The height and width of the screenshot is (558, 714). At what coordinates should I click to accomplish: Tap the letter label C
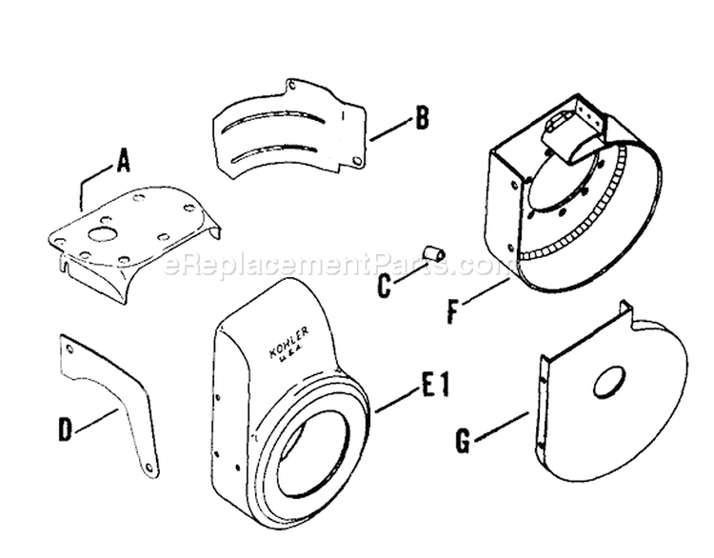point(383,286)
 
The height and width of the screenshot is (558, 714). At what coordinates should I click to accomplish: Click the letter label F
point(455,310)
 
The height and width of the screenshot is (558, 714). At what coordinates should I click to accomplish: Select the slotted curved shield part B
point(286,129)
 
